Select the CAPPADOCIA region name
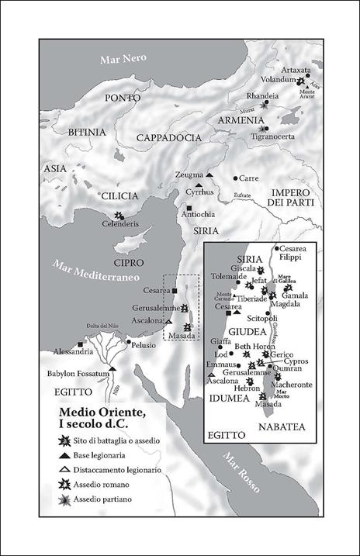168,137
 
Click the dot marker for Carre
236,178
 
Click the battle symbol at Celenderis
118,215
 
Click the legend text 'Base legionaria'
108,455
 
